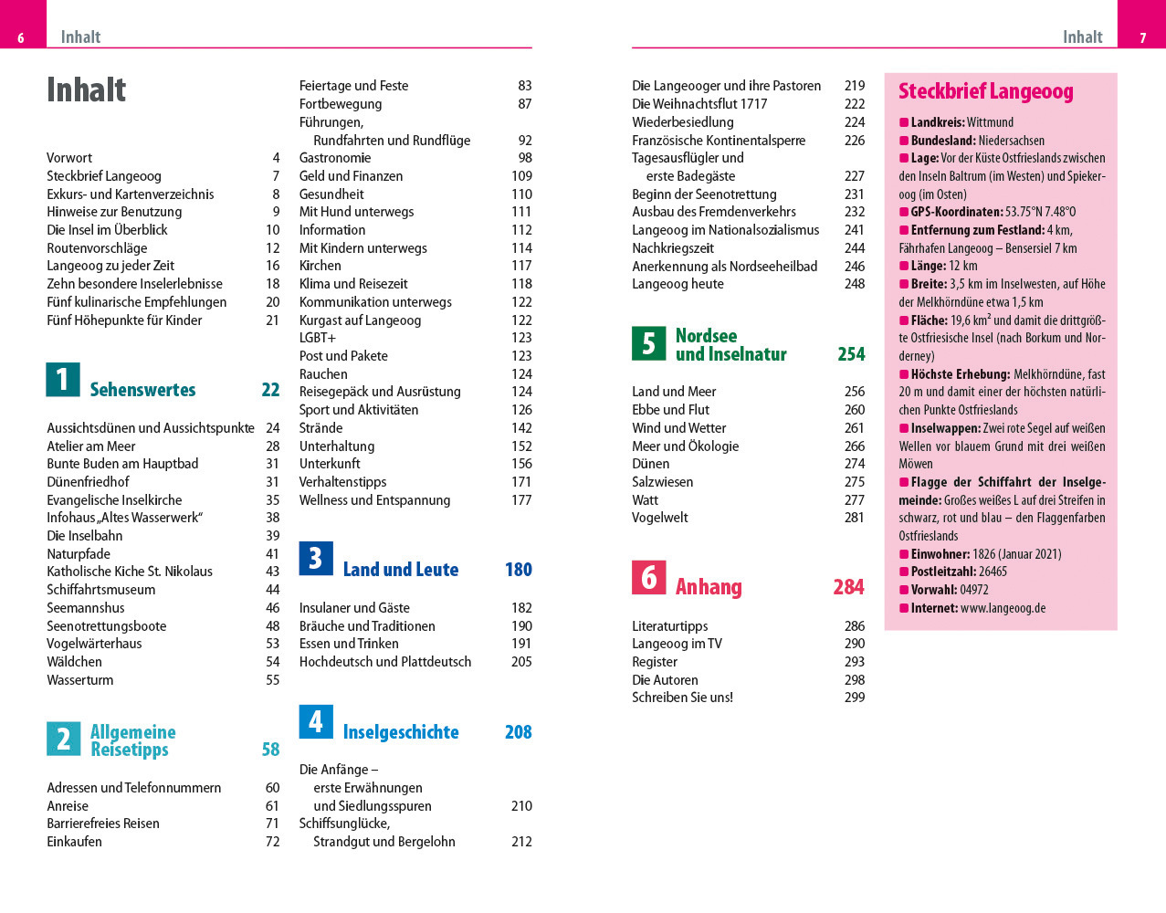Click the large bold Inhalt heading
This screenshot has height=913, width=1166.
(x=87, y=89)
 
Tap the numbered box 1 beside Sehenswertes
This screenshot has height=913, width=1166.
(x=63, y=379)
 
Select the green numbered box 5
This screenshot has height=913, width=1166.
(x=648, y=343)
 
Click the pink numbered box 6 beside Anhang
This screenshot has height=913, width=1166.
(x=648, y=577)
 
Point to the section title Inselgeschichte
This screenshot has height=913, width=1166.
(x=401, y=732)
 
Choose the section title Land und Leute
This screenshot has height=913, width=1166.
(x=401, y=570)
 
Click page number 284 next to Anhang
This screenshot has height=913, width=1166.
(x=848, y=587)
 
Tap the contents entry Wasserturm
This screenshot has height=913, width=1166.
(x=80, y=680)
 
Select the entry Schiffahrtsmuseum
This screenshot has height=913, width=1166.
(x=101, y=590)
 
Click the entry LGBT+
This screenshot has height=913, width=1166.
(x=318, y=338)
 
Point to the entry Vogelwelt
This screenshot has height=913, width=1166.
(x=660, y=518)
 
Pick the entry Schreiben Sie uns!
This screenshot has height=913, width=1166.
(x=682, y=698)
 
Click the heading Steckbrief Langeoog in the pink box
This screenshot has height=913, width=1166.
(x=986, y=91)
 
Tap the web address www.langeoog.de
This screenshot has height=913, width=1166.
(x=1003, y=608)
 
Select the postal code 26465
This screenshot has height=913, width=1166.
(x=993, y=572)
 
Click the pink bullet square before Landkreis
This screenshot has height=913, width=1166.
(x=904, y=122)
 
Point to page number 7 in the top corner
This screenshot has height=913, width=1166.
(x=1142, y=38)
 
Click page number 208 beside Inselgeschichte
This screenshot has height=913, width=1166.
(x=518, y=732)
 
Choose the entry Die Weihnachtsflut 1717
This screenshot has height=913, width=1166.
(x=699, y=104)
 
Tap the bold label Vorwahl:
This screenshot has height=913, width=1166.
(x=934, y=590)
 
